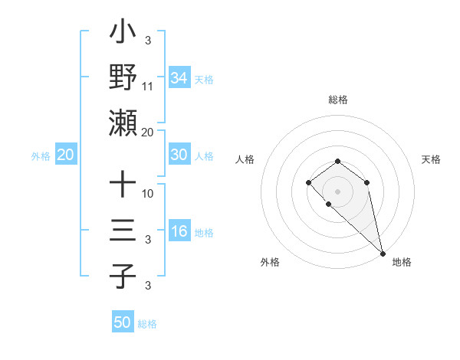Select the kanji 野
(123, 77)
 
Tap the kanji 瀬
(123, 123)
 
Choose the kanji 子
(123, 276)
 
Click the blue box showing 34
(179, 77)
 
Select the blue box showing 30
(179, 155)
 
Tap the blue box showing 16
(179, 232)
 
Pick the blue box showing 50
(123, 322)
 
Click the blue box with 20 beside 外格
(66, 155)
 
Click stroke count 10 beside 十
(148, 193)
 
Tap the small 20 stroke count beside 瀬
(148, 132)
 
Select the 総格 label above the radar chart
(338, 100)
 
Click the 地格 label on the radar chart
(402, 262)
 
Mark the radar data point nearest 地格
(383, 253)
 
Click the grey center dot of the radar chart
(338, 191)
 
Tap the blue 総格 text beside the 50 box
(147, 324)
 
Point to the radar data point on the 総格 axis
(338, 161)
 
